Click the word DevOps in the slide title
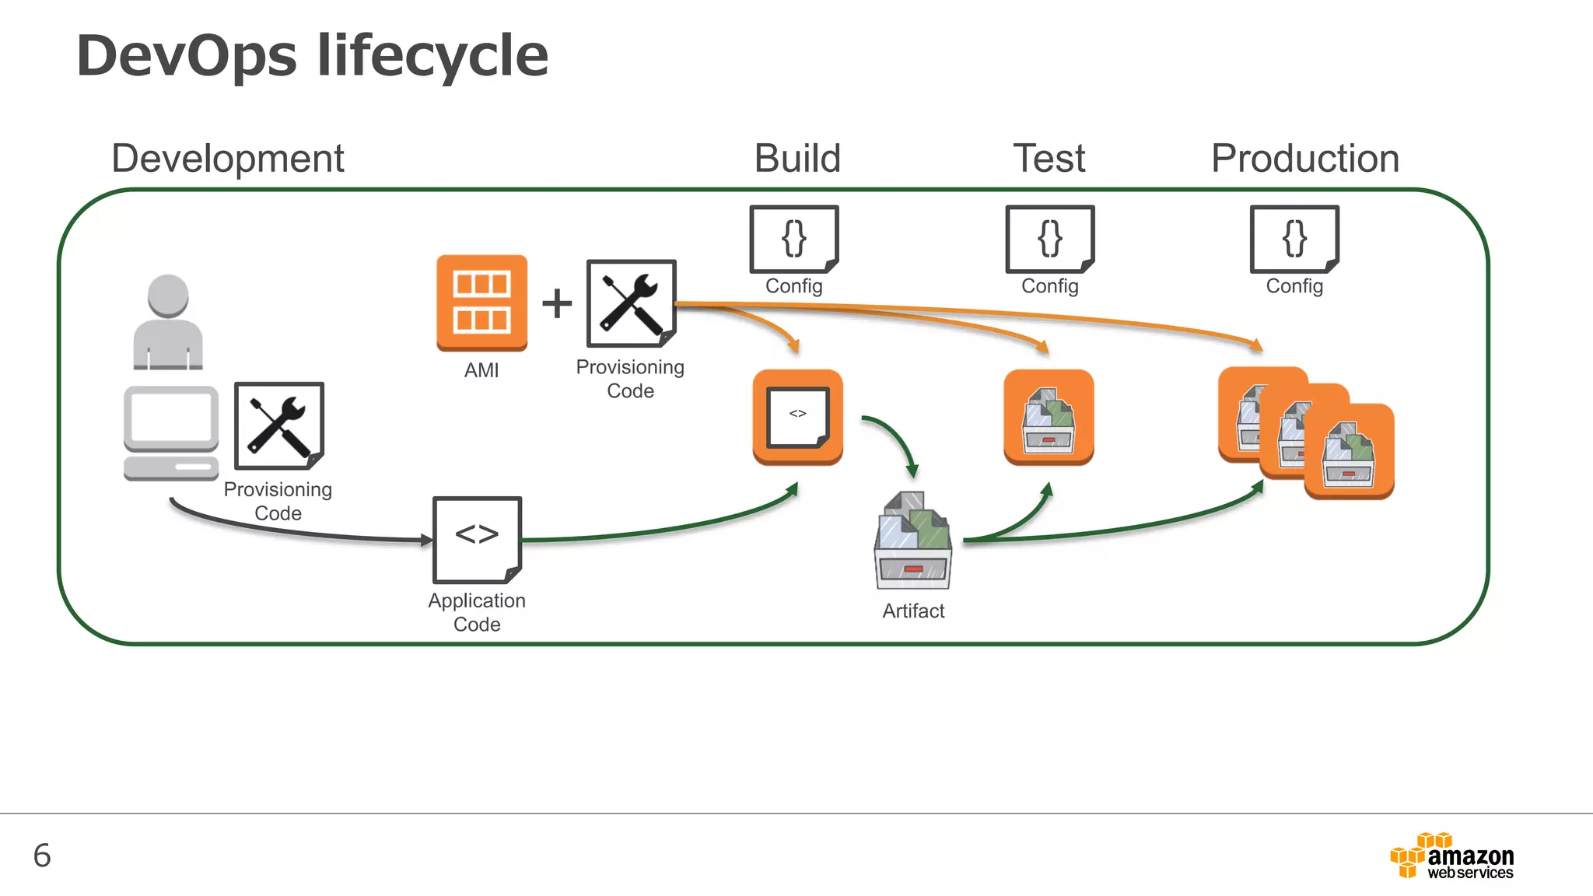[x=187, y=56]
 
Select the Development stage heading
[x=227, y=159]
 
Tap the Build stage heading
[x=797, y=159]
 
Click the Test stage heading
[x=1049, y=159]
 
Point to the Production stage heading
[x=1304, y=159]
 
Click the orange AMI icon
[x=481, y=303]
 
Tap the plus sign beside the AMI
[x=557, y=303]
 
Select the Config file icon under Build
[x=793, y=239]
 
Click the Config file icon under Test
[x=1049, y=239]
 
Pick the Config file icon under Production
[x=1294, y=239]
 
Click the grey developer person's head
[x=168, y=295]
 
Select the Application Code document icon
[x=477, y=539]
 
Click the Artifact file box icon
[x=913, y=541]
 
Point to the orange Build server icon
[x=797, y=417]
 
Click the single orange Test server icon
[x=1049, y=417]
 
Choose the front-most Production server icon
[x=1349, y=451]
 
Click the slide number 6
[x=42, y=856]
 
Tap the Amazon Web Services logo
[x=1451, y=856]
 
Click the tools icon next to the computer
[x=278, y=425]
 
